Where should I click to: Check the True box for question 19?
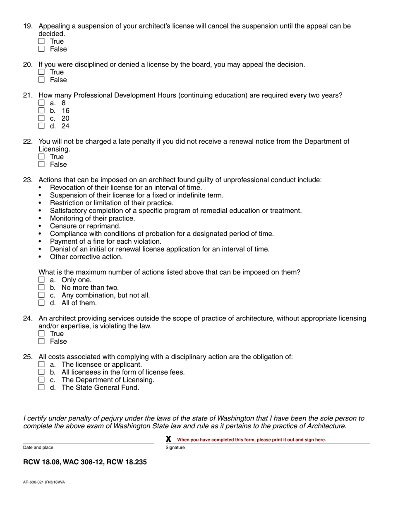click(41, 41)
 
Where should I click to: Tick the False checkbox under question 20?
click(41, 80)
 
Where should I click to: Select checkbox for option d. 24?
click(41, 126)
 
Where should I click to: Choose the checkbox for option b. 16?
click(41, 111)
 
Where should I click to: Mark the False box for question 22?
click(41, 164)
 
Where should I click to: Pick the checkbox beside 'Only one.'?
click(41, 280)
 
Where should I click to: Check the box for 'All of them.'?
click(41, 303)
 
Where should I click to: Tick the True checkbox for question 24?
click(41, 334)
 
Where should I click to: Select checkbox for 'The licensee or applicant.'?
click(41, 364)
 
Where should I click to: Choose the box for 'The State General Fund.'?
click(41, 387)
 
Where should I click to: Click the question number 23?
click(28, 180)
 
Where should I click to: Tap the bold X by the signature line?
click(168, 439)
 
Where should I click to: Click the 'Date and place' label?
click(38, 448)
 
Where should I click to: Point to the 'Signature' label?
click(175, 448)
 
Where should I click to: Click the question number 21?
click(28, 95)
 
